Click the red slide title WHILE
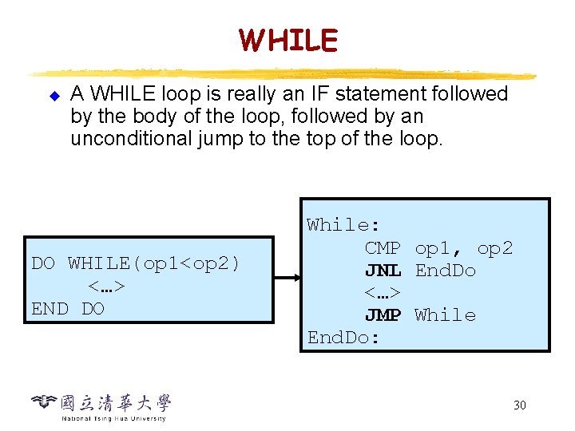tap(287, 39)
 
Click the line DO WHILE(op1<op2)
tap(136, 263)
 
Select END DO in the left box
tap(68, 308)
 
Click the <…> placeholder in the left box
tap(106, 286)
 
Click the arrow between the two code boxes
tap(287, 279)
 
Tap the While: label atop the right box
tap(343, 225)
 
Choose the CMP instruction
tap(383, 248)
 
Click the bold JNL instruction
tap(383, 271)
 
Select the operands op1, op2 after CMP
tap(463, 248)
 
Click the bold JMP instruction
tap(383, 315)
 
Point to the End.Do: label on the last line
tap(344, 338)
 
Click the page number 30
tap(519, 405)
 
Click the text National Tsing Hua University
tap(113, 418)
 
